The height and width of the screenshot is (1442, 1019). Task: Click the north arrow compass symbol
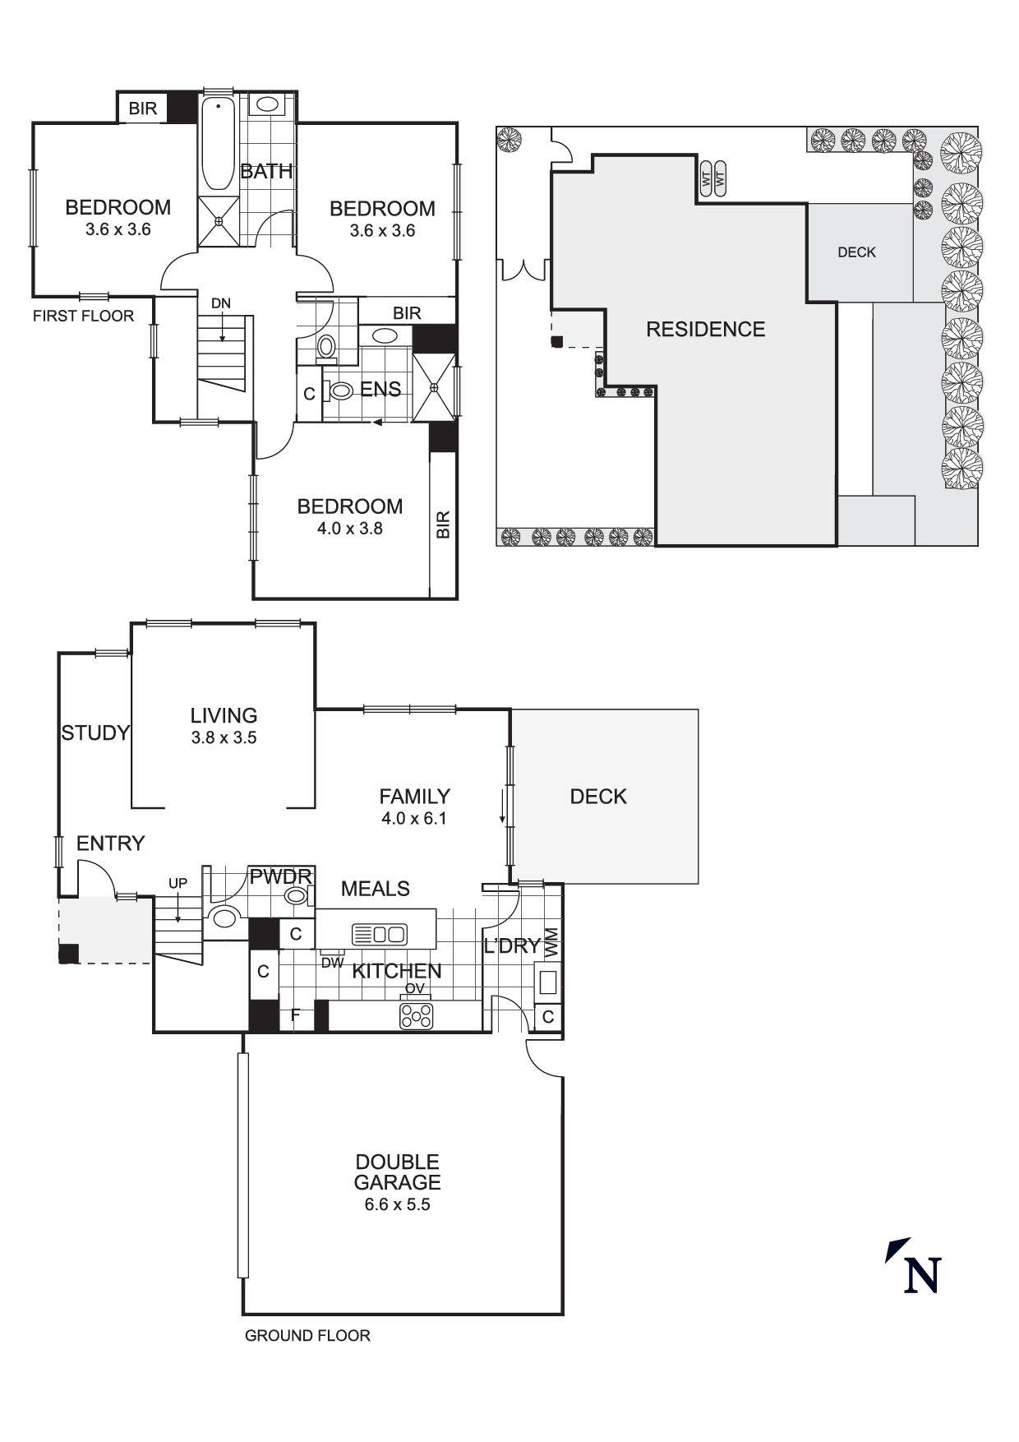[913, 1265]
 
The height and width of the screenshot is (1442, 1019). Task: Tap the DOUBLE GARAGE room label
[397, 1172]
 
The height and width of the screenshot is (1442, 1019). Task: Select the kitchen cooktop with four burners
[416, 1016]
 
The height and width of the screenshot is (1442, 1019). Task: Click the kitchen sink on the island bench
[379, 934]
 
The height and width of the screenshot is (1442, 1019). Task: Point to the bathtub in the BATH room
[219, 145]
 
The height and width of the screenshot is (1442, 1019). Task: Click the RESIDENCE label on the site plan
[705, 330]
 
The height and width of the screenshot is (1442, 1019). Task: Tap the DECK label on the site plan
[856, 252]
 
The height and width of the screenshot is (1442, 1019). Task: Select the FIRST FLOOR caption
[83, 316]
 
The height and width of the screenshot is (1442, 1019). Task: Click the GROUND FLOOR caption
[307, 1336]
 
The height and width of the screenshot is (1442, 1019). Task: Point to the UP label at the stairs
[178, 883]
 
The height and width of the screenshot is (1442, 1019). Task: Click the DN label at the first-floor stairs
[221, 303]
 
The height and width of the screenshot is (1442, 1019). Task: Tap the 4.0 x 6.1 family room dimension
[413, 818]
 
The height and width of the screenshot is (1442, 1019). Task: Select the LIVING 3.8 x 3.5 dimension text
[224, 737]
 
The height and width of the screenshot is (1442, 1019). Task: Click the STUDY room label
[95, 733]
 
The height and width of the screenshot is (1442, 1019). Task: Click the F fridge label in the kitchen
[296, 1015]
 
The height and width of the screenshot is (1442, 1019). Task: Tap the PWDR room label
[281, 877]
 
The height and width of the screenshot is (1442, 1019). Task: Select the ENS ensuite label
[380, 389]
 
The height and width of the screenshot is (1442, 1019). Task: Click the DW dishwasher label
[332, 963]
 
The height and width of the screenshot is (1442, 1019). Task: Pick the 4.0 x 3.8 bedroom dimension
[350, 529]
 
